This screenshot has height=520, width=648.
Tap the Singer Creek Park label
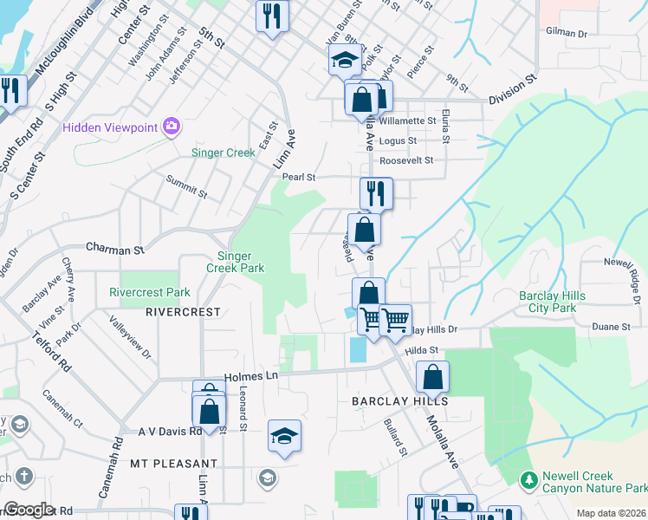235,262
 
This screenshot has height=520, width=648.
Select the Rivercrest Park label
150,293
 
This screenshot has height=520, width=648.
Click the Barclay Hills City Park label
552,302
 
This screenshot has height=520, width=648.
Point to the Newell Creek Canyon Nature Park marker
528,478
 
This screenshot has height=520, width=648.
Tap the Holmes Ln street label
250,376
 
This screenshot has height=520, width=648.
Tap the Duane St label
612,327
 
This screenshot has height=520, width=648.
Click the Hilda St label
423,349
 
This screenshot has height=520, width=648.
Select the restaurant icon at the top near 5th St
272,16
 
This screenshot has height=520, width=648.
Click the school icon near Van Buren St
344,60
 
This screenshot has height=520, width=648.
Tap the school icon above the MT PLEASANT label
284,436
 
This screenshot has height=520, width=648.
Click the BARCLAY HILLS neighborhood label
399,401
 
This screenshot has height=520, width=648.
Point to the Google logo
29,510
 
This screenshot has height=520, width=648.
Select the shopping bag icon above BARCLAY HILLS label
432,378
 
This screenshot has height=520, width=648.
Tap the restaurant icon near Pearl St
376,192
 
